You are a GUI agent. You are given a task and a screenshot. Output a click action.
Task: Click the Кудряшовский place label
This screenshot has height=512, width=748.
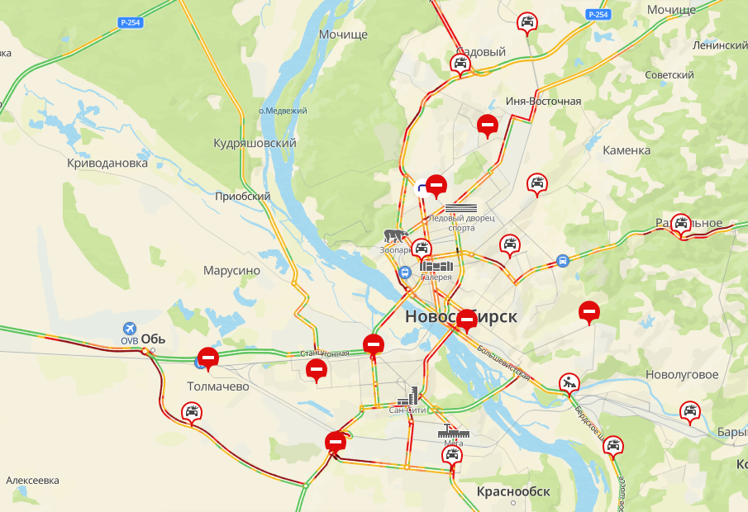click(x=255, y=143)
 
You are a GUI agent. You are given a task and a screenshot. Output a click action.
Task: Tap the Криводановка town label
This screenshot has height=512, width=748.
click(x=107, y=163)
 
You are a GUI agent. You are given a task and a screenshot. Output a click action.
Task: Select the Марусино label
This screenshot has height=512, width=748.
click(x=231, y=270)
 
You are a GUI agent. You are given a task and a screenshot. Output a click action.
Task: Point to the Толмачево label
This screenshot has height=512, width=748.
click(x=218, y=386)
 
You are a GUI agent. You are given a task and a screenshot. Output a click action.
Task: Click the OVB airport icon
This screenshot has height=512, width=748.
click(x=129, y=329)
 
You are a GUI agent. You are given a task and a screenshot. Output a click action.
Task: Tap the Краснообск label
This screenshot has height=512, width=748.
click(x=513, y=491)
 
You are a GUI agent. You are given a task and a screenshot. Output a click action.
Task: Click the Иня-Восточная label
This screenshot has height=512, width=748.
click(x=543, y=102)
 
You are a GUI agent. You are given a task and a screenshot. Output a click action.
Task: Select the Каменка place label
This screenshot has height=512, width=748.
click(x=627, y=150)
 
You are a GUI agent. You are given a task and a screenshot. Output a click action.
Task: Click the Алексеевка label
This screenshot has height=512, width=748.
click(x=32, y=480)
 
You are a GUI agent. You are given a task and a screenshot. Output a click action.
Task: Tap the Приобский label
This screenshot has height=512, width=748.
click(x=243, y=197)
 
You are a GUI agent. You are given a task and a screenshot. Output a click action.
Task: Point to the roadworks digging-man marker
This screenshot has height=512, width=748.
click(x=569, y=382)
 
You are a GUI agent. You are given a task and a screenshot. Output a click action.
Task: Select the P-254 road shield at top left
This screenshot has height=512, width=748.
click(x=130, y=22)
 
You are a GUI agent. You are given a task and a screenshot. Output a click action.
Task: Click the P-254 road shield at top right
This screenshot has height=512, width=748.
click(x=598, y=15)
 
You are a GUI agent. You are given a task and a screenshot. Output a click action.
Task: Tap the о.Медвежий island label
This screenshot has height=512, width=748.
click(x=283, y=111)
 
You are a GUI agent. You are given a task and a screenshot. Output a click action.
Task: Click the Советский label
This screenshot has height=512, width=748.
click(x=669, y=75)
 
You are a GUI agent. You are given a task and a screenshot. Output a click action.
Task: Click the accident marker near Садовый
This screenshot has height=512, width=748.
click(x=460, y=63)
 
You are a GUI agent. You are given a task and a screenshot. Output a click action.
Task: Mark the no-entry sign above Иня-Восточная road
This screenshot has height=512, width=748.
click(x=488, y=125)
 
